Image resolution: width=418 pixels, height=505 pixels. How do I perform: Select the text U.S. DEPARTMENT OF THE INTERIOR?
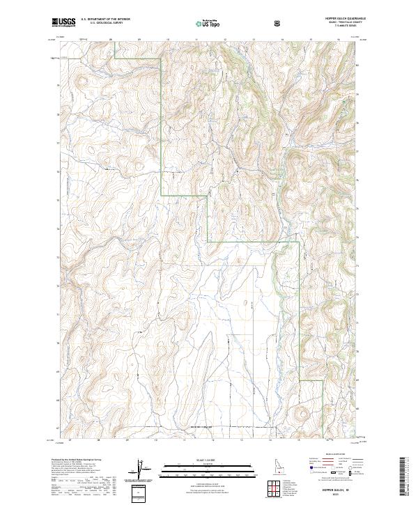[x=103, y=21]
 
